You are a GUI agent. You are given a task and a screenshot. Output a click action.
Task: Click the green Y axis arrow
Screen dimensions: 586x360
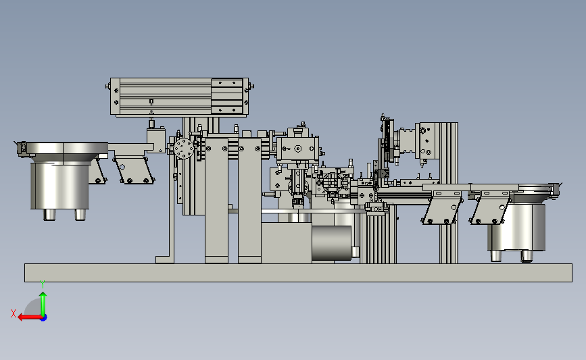point(43,304)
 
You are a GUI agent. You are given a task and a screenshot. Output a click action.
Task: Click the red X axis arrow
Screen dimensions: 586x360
point(30,317)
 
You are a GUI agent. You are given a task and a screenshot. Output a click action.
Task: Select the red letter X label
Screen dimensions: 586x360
point(14,313)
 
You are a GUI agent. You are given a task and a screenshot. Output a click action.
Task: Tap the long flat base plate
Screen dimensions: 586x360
point(298,273)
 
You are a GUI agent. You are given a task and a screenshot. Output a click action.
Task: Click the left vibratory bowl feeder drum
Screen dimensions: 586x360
point(59,185)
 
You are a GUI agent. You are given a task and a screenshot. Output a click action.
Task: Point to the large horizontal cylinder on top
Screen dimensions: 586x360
point(179,97)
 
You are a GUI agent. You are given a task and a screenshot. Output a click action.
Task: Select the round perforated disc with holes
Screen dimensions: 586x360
point(184,149)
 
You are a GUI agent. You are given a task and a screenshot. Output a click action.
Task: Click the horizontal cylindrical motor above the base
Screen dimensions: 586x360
point(331,242)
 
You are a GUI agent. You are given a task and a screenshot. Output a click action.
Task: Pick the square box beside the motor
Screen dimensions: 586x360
point(287,243)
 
